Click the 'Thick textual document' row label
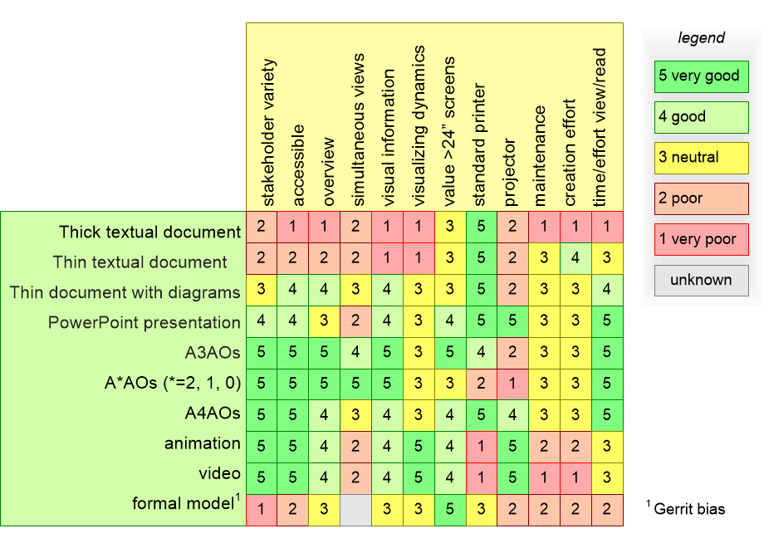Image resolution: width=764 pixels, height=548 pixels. click(149, 232)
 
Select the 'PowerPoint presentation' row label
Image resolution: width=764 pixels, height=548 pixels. click(144, 322)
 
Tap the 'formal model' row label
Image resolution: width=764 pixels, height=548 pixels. click(186, 502)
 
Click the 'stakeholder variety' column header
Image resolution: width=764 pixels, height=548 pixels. click(268, 133)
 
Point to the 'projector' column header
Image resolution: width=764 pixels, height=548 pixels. click(509, 173)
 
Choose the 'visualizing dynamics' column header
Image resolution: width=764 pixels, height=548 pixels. click(419, 126)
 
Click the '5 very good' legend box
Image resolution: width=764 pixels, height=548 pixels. click(701, 76)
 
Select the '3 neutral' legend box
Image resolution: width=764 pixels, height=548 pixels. click(701, 158)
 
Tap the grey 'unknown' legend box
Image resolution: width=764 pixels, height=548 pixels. click(701, 281)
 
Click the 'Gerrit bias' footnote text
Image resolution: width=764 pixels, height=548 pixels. click(689, 509)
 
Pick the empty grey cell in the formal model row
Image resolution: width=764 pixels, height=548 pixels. click(355, 510)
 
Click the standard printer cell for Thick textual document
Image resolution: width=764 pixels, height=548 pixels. click(482, 227)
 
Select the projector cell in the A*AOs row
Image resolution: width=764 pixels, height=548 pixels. click(512, 384)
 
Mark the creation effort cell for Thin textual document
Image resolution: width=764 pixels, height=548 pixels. click(575, 258)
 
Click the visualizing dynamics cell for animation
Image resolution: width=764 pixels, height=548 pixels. click(419, 447)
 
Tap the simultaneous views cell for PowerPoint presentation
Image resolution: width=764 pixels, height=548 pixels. click(355, 321)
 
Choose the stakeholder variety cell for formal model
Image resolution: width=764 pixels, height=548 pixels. click(261, 510)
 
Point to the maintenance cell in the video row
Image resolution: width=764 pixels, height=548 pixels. click(544, 478)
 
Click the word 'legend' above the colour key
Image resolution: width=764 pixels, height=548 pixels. click(701, 38)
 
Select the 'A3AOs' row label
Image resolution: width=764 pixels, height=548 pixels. click(213, 352)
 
